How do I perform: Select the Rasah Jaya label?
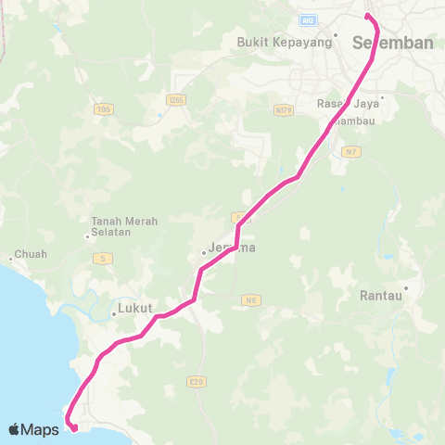pos(348,105)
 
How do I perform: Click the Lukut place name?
pos(135,308)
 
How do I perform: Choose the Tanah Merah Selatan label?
pos(124,226)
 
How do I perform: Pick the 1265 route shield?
pos(176,98)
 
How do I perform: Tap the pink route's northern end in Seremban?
pos(368,16)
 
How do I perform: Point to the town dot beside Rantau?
pos(405,288)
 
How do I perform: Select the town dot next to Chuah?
pos(10,258)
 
